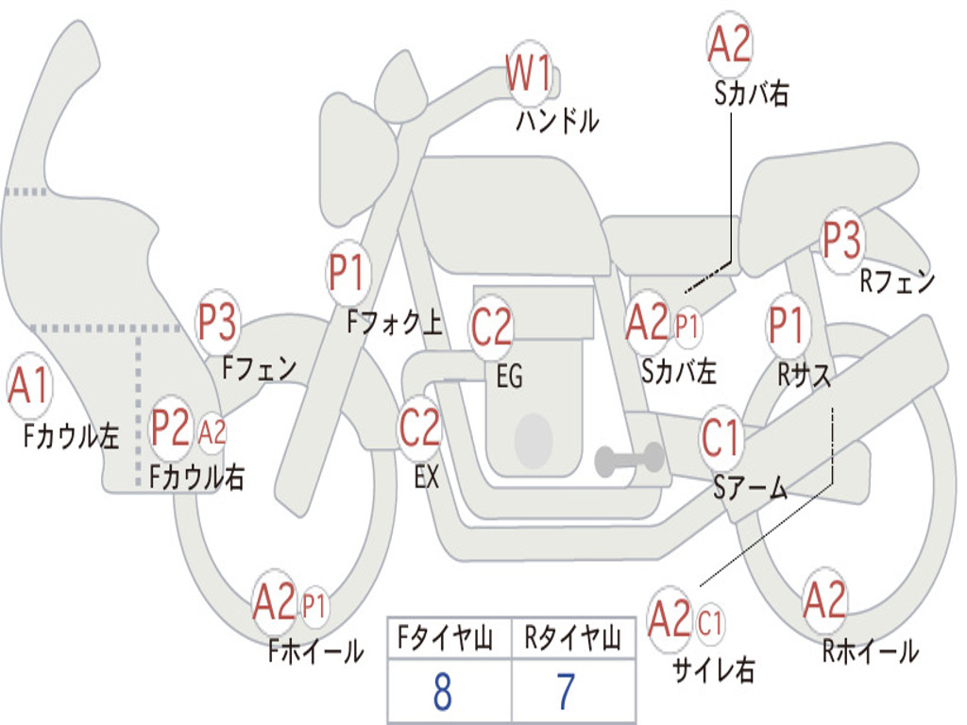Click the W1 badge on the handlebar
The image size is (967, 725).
[528, 73]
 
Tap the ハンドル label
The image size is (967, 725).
[557, 120]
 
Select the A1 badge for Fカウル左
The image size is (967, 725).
[29, 386]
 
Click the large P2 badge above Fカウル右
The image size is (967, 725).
[171, 428]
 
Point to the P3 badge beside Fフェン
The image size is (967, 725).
[216, 322]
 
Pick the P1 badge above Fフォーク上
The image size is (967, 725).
[348, 272]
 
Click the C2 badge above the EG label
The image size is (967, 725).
[491, 328]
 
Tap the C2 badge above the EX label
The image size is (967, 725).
[420, 428]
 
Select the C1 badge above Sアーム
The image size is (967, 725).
[721, 438]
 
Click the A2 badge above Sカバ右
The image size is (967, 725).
[730, 44]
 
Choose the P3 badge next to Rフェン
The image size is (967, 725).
[842, 240]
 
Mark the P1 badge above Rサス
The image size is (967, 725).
[787, 325]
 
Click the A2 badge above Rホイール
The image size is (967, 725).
[824, 599]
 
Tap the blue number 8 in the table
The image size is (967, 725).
[443, 692]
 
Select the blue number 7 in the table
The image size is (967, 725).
[567, 692]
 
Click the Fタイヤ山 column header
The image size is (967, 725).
[446, 638]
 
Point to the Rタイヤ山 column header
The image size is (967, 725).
[572, 638]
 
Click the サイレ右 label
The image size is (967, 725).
[714, 669]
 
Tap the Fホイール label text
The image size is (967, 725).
[315, 650]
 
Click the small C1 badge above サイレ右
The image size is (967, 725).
[710, 623]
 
